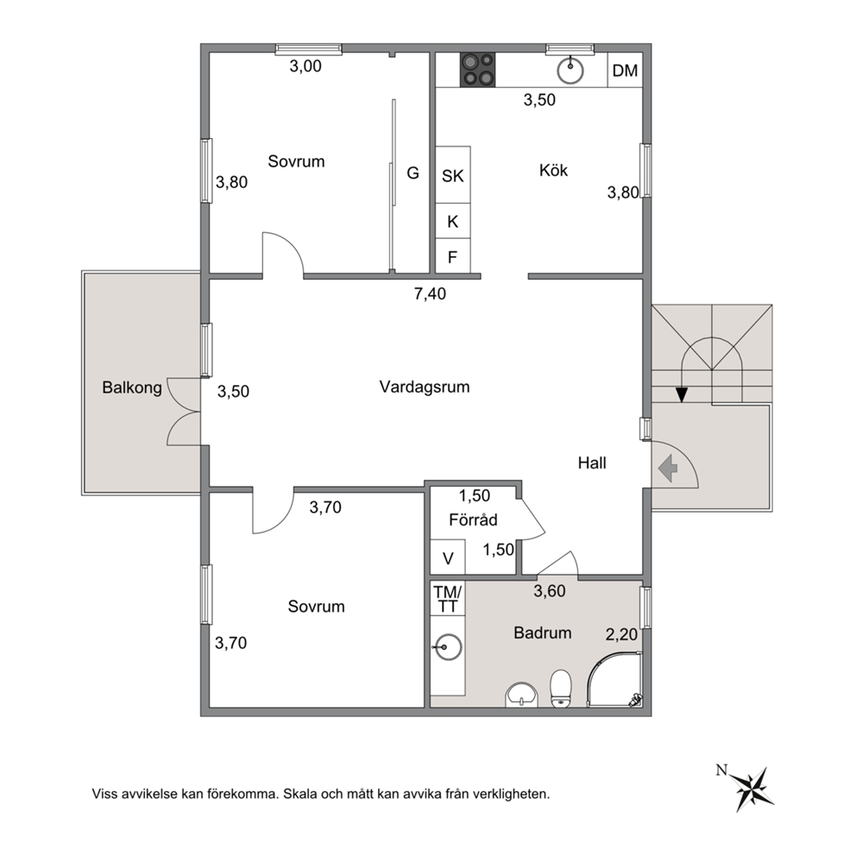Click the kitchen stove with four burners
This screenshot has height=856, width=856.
pyautogui.click(x=478, y=70)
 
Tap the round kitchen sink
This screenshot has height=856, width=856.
pyautogui.click(x=570, y=71)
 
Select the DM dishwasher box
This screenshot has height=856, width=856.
pyautogui.click(x=625, y=71)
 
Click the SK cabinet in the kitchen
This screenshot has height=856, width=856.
pyautogui.click(x=452, y=175)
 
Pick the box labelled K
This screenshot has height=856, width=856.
pyautogui.click(x=452, y=221)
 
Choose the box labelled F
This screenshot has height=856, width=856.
pyautogui.click(x=452, y=256)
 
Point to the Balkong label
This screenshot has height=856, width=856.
pyautogui.click(x=132, y=387)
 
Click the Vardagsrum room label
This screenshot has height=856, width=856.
pyautogui.click(x=425, y=387)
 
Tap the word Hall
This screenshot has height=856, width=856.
pyautogui.click(x=592, y=463)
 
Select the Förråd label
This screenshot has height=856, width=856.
pyautogui.click(x=473, y=519)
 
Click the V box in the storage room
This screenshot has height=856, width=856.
pyautogui.click(x=448, y=557)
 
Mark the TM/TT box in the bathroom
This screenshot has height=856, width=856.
pyautogui.click(x=448, y=598)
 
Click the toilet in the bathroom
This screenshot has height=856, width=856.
pyautogui.click(x=561, y=689)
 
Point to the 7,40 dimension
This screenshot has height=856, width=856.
pyautogui.click(x=430, y=293)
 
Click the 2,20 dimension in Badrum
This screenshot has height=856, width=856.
pyautogui.click(x=621, y=634)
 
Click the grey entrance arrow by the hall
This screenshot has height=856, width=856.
pyautogui.click(x=668, y=469)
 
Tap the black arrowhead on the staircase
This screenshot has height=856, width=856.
pyautogui.click(x=682, y=394)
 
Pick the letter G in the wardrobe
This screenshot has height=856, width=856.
pyautogui.click(x=412, y=173)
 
